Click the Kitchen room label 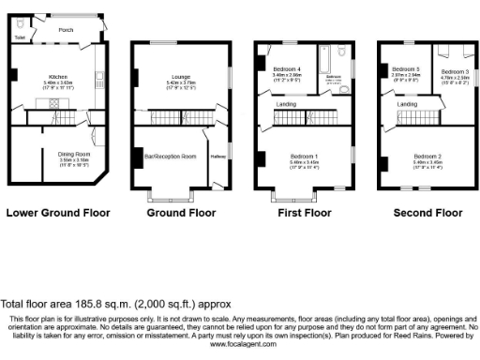59,78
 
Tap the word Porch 66,29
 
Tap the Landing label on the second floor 407,104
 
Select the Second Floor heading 427,213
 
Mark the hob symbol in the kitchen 14,74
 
